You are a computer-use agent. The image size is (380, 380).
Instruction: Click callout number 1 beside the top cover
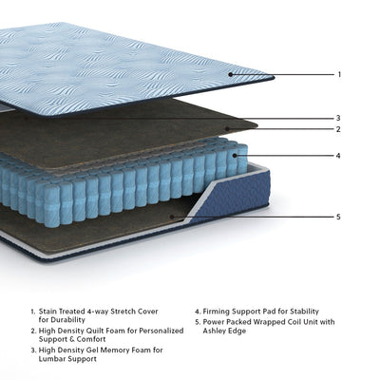point(339,74)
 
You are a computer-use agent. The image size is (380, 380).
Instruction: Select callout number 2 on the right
point(339,129)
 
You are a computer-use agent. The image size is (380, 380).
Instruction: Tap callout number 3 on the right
point(339,118)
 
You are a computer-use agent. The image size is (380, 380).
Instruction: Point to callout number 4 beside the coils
point(339,156)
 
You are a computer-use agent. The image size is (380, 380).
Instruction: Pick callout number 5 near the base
point(339,217)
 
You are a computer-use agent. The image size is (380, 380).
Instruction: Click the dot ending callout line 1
point(231,74)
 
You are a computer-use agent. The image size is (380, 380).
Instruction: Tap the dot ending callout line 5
point(172,217)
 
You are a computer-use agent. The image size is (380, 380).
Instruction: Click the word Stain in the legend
point(49,311)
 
